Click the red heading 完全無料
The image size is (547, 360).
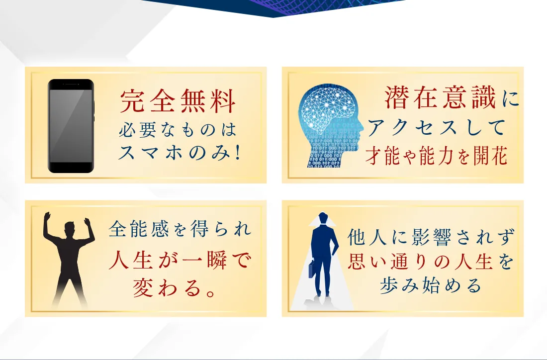click(x=178, y=101)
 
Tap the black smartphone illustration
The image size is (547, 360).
click(x=71, y=126)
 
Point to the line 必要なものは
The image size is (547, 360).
click(x=178, y=130)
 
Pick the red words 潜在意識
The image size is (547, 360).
click(x=441, y=97)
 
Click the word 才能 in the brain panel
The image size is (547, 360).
click(x=383, y=156)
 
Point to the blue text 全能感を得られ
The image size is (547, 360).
click(x=180, y=229)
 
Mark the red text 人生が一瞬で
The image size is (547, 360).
click(x=180, y=260)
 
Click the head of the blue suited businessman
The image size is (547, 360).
click(x=323, y=219)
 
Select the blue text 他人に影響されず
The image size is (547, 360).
click(x=431, y=237)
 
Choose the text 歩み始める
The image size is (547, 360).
click(x=431, y=285)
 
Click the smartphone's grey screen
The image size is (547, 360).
click(x=71, y=126)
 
